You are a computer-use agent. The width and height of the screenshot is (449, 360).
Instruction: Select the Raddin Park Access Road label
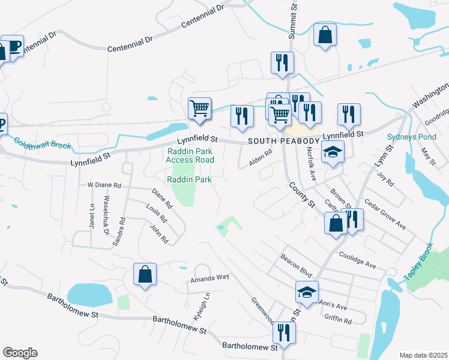pyautogui.click(x=190, y=155)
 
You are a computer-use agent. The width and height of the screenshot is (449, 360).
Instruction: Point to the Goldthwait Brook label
pyautogui.click(x=43, y=144)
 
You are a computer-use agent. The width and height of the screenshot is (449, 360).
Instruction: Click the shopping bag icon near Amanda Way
pyautogui.click(x=145, y=275)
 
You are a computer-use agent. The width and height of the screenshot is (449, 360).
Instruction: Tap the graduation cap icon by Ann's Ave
pyautogui.click(x=307, y=293)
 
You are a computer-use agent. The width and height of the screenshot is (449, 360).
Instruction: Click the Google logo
pyautogui.click(x=20, y=353)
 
